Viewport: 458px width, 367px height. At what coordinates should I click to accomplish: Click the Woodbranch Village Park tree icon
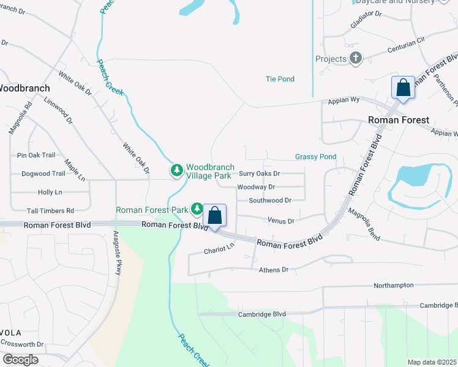click(x=177, y=169)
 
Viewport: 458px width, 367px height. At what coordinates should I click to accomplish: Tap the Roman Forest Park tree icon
click(x=197, y=210)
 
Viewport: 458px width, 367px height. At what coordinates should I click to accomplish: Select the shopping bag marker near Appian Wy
click(x=404, y=87)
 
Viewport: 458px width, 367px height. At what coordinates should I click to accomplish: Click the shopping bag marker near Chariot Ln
click(x=214, y=215)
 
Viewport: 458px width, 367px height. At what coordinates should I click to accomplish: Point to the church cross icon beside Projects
click(x=355, y=59)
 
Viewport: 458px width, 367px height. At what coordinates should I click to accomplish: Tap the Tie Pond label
click(x=280, y=79)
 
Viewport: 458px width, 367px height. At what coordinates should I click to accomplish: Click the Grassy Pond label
click(x=315, y=157)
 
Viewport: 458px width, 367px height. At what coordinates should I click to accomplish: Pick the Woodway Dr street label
click(x=256, y=187)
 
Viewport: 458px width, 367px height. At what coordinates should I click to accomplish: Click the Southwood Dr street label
click(x=269, y=200)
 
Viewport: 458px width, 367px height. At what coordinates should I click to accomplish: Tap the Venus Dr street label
click(x=281, y=220)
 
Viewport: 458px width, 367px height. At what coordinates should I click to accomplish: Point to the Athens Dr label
click(x=273, y=270)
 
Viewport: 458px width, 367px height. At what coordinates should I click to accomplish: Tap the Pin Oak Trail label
click(x=37, y=155)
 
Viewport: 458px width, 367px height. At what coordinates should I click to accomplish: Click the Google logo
click(x=20, y=360)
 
